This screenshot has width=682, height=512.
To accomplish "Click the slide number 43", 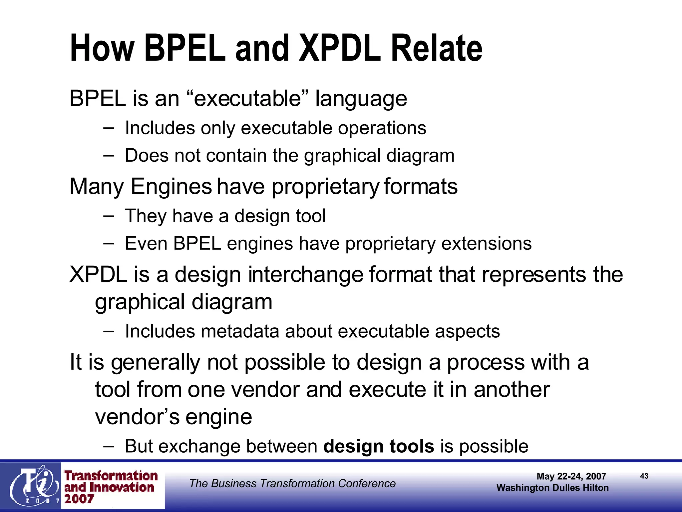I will (644, 476).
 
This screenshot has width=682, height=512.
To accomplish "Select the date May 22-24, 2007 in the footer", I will (571, 476).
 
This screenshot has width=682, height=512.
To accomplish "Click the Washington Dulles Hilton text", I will (552, 488).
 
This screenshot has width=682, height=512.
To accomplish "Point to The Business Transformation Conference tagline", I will (292, 483).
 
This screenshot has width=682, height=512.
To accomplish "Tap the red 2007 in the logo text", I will (79, 499).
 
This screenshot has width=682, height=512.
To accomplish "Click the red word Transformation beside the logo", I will (111, 476).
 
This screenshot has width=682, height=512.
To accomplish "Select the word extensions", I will (486, 243).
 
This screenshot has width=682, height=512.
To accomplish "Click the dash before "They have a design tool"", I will (108, 216).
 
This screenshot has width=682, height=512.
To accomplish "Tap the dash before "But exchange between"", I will (108, 446).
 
